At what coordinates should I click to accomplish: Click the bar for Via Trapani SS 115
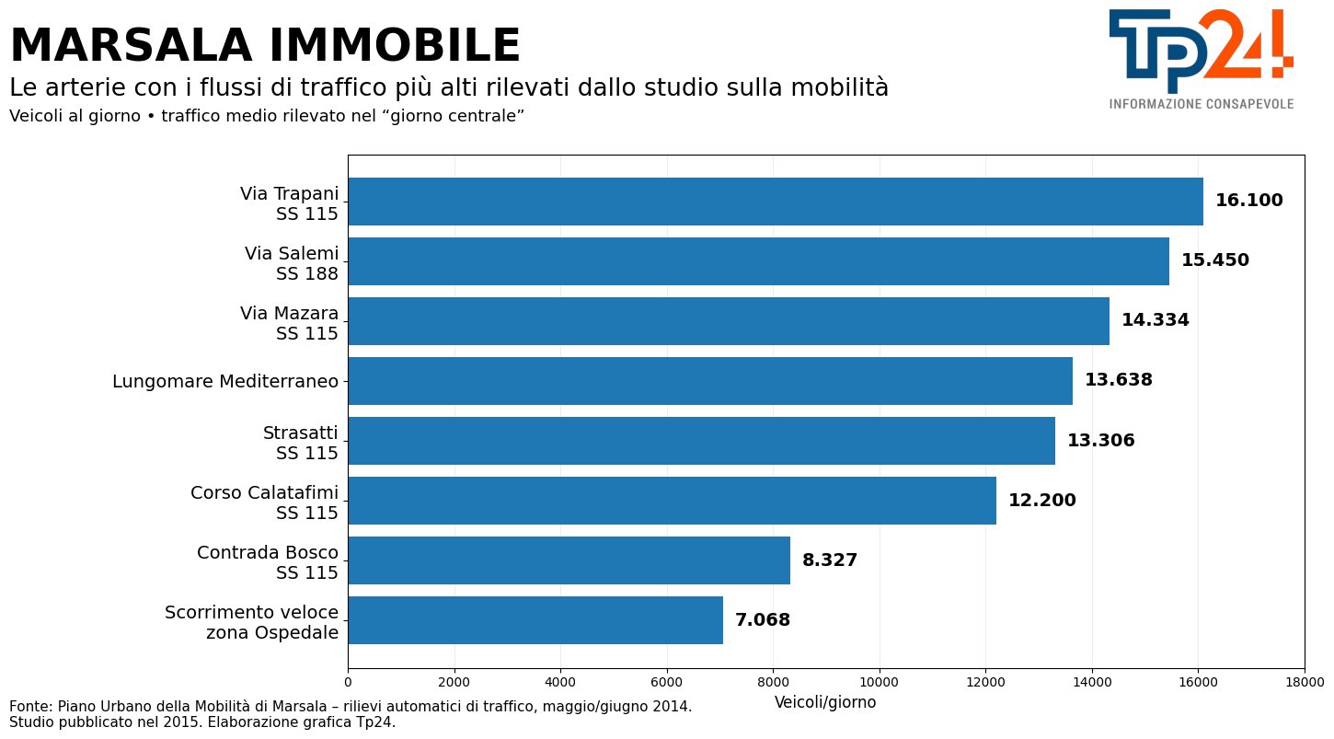pos(776,202)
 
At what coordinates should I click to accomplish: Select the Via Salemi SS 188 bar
pos(759,261)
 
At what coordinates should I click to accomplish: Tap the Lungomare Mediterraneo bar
pos(710,381)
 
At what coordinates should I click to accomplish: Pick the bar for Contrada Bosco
pos(569,560)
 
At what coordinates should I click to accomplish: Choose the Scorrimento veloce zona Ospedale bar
pos(536,620)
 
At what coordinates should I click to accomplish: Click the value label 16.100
pos(1248,201)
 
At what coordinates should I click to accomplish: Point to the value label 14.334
pos(1156,320)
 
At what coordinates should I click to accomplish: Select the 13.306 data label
pos(1101,441)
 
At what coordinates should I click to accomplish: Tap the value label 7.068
pos(763,619)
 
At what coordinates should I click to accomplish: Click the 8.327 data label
pos(830,560)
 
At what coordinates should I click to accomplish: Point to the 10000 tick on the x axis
pos(879,682)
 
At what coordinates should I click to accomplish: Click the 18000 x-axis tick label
pos(1305,682)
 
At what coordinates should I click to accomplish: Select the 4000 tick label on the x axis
pos(560,682)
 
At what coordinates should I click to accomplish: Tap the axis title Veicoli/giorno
pos(825,702)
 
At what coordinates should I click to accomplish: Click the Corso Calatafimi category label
pos(264,493)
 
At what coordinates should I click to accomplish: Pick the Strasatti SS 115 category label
pos(301,443)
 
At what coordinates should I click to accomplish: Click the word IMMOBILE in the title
pos(395,45)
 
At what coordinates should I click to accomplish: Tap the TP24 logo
pos(1201,52)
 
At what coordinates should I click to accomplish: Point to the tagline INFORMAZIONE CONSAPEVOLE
pos(1202,104)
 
